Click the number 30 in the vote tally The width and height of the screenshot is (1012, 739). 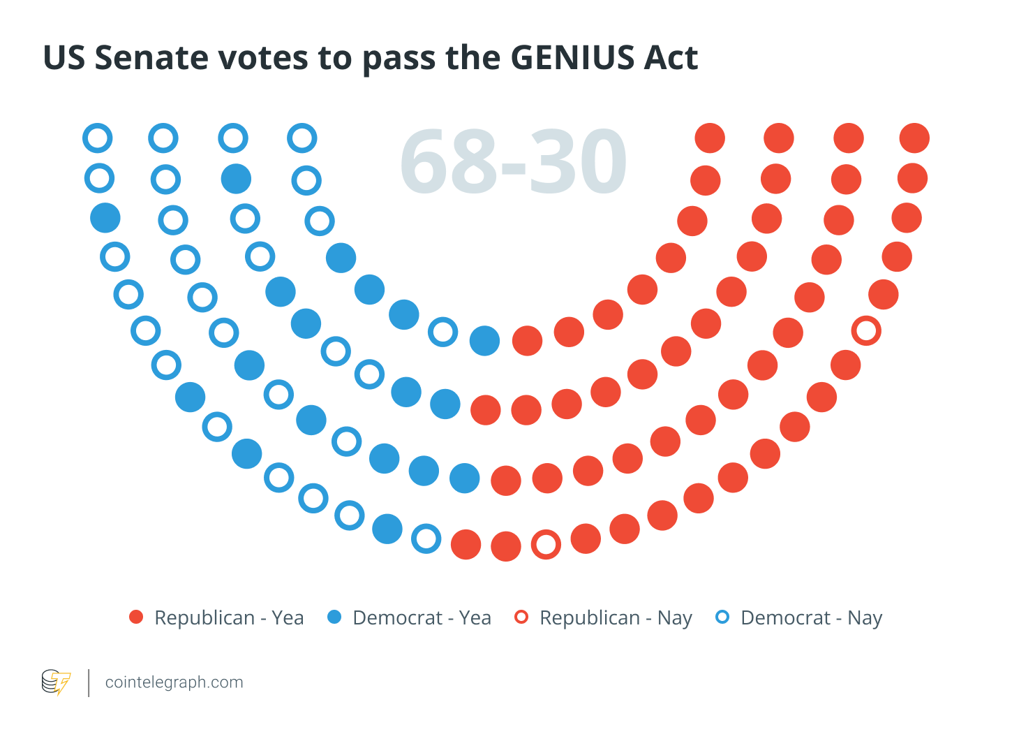tap(579, 162)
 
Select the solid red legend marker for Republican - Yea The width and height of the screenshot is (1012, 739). tap(136, 617)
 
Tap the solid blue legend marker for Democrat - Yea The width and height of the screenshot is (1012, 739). tap(334, 617)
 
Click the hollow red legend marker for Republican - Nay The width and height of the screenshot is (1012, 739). tap(521, 617)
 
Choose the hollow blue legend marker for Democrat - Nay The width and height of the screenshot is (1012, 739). tap(722, 617)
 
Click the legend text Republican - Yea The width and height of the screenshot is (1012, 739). tap(229, 618)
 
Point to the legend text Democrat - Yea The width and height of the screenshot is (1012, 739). tap(422, 618)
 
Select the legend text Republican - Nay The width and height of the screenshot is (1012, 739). tap(616, 618)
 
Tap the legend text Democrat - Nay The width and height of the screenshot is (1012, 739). tap(811, 618)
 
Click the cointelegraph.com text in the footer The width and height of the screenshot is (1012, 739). tap(174, 682)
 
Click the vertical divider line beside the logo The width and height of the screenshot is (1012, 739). tap(89, 682)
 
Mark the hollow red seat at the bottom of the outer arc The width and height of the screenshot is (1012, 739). tap(546, 544)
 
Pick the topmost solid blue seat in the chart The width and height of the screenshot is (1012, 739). tap(236, 179)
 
